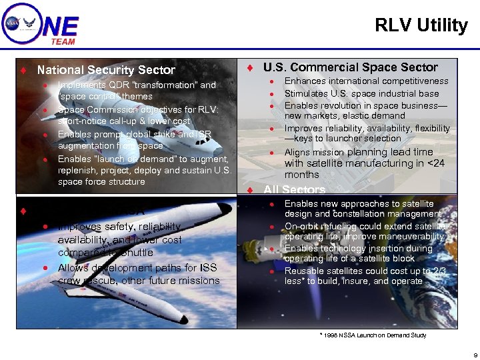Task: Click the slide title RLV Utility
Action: (421, 26)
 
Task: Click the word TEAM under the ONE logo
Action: (63, 41)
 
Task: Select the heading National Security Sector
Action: (106, 70)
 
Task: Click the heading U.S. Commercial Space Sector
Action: (351, 67)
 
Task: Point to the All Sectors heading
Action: (294, 191)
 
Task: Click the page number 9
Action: (474, 355)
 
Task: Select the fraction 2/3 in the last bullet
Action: (438, 271)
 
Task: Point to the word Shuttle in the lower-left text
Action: (137, 253)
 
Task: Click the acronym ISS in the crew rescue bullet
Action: (209, 268)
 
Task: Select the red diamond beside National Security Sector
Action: (23, 70)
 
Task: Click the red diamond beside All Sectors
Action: (249, 191)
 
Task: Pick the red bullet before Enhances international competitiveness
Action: (272, 82)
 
